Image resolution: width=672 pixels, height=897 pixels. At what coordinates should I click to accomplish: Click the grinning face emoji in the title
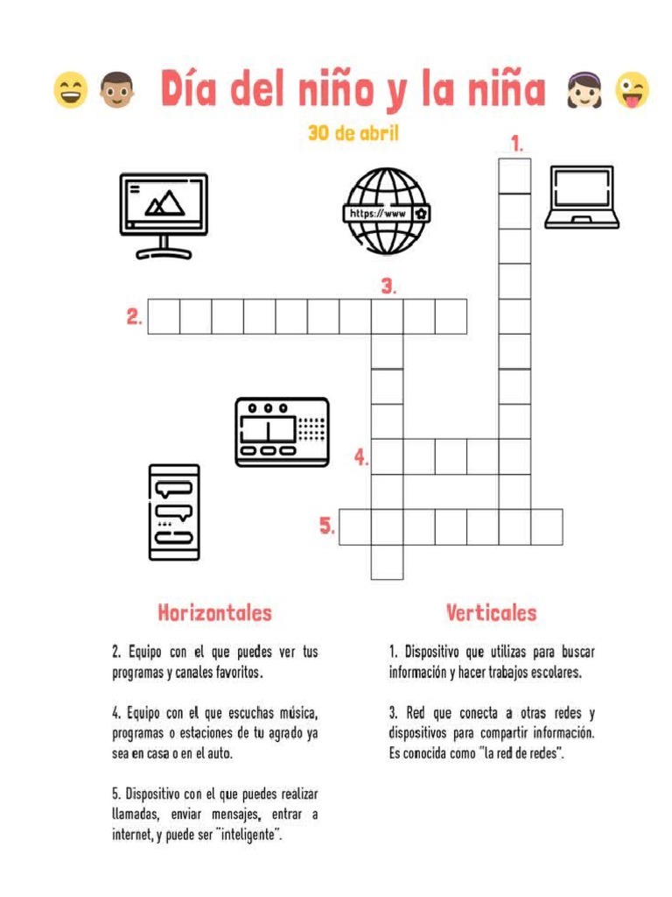click(x=70, y=90)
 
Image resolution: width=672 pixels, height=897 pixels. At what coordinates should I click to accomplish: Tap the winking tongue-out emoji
click(x=633, y=90)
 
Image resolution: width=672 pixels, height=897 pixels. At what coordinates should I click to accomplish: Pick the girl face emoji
click(x=585, y=90)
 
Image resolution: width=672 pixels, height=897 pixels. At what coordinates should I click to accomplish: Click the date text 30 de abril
click(x=353, y=134)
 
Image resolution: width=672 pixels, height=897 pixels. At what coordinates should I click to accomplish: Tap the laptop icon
click(x=582, y=197)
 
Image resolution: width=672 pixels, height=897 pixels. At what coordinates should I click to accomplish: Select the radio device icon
click(x=282, y=431)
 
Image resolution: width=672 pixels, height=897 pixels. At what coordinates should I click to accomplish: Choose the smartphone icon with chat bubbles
click(x=174, y=512)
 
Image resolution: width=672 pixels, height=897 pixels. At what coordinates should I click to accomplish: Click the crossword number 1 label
click(x=518, y=144)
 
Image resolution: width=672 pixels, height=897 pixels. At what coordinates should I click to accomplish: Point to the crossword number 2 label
click(x=134, y=317)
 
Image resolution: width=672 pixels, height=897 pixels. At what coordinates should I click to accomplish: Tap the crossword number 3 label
click(x=389, y=286)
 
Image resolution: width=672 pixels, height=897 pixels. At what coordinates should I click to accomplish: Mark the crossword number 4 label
click(x=361, y=456)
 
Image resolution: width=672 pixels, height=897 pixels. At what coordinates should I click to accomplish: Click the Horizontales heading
click(x=214, y=613)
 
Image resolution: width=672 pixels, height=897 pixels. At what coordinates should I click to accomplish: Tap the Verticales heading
click(x=491, y=613)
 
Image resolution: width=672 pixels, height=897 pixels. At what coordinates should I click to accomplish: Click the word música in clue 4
click(x=297, y=713)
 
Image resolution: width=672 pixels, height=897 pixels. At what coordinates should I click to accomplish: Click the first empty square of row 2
click(x=164, y=316)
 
